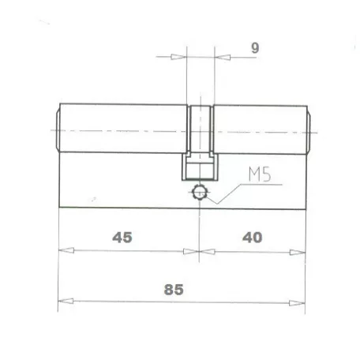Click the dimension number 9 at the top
(x=254, y=47)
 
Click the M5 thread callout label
(x=257, y=174)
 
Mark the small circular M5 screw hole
(x=200, y=192)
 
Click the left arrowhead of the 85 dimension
(x=66, y=301)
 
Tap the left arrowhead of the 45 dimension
(x=66, y=251)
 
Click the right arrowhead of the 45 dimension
(x=191, y=251)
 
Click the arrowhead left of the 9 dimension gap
(x=180, y=57)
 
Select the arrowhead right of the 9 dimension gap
(x=221, y=57)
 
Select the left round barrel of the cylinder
(x=122, y=129)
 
